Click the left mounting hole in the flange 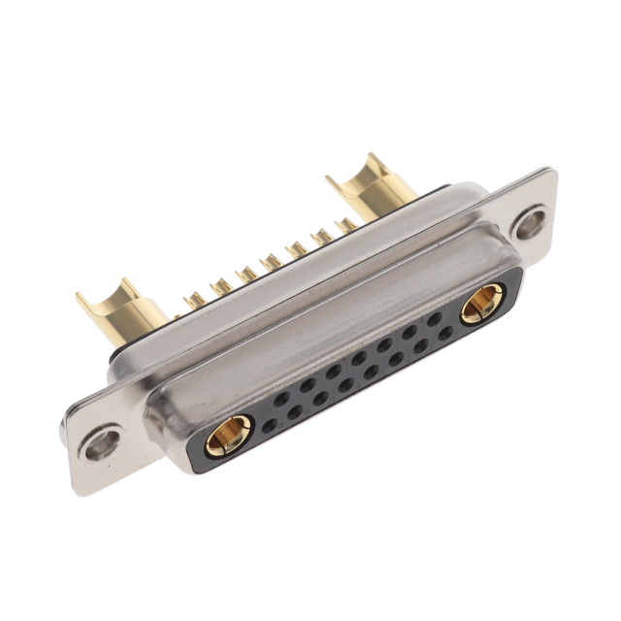point(102,445)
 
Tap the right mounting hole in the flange point(531,224)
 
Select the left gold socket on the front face point(229,434)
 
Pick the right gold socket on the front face point(480,304)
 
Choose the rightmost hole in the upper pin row point(434,318)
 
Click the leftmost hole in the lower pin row point(269,425)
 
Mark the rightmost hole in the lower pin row point(445,333)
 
